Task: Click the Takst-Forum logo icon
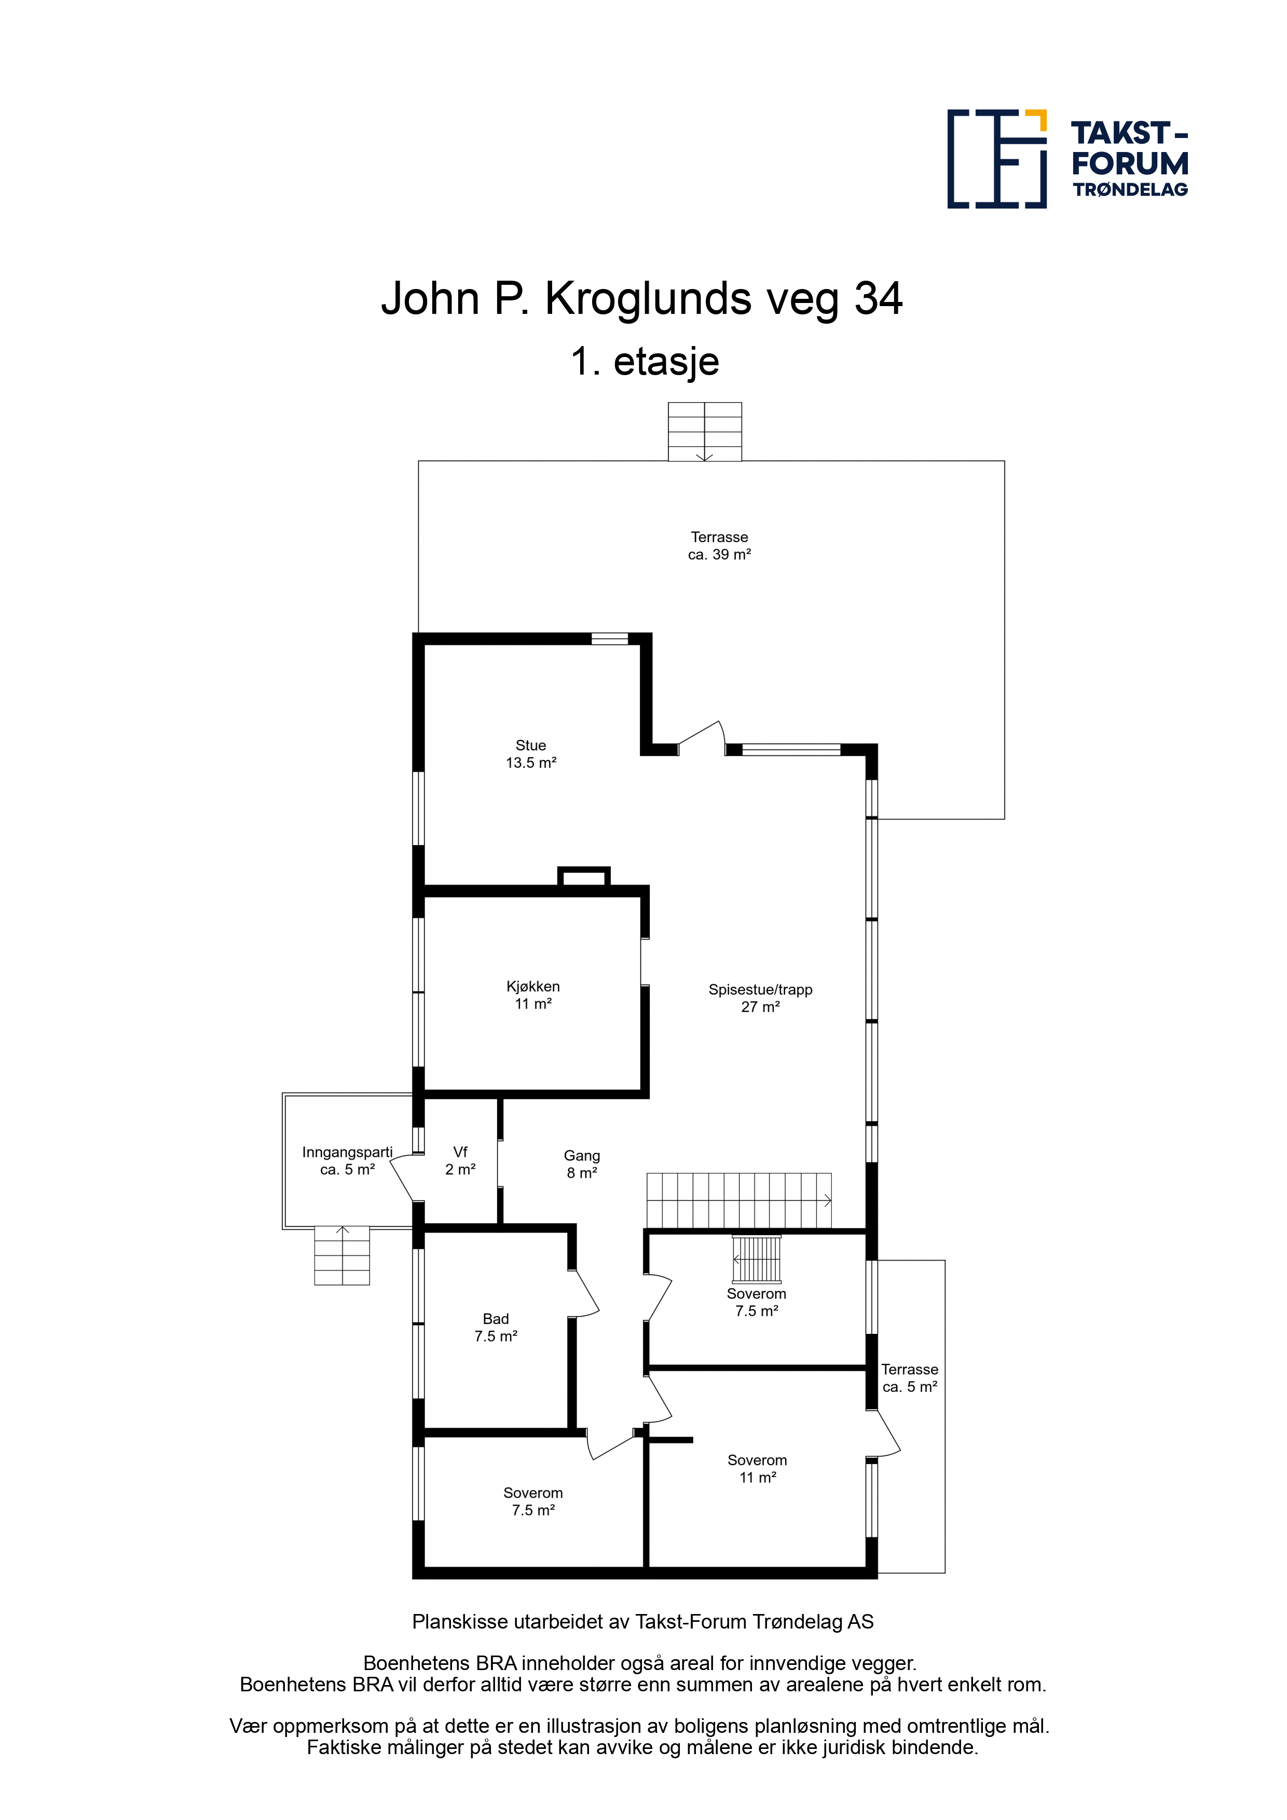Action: [997, 159]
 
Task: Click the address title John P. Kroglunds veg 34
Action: [641, 299]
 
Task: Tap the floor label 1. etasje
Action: [645, 362]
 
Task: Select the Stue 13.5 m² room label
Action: [531, 754]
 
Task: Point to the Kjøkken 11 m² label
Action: [533, 995]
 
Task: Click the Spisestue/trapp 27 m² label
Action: [760, 998]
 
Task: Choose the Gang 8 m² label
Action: [582, 1164]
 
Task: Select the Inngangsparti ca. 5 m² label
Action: [347, 1161]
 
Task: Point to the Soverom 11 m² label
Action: [757, 1469]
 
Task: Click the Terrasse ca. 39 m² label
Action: [719, 545]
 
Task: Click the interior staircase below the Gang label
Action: [739, 1201]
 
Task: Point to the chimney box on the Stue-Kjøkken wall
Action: [584, 877]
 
